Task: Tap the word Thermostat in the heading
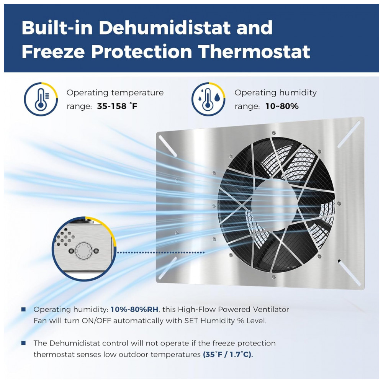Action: [x=254, y=52]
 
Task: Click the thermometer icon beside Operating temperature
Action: [x=41, y=99]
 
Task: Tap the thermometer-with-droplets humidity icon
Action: [x=208, y=99]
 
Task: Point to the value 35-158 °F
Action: [x=117, y=106]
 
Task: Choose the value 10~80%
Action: [x=282, y=106]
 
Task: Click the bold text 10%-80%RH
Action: [x=134, y=309]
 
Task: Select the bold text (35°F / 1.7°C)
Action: [x=228, y=354]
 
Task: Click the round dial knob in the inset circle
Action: [x=83, y=251]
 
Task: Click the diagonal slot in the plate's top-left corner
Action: [x=168, y=146]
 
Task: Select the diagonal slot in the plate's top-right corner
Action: [x=349, y=134]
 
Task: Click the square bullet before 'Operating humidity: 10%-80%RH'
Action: [x=24, y=309]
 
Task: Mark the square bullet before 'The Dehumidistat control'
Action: [x=24, y=343]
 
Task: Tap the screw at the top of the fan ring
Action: [x=274, y=133]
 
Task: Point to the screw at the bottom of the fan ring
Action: [x=274, y=277]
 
